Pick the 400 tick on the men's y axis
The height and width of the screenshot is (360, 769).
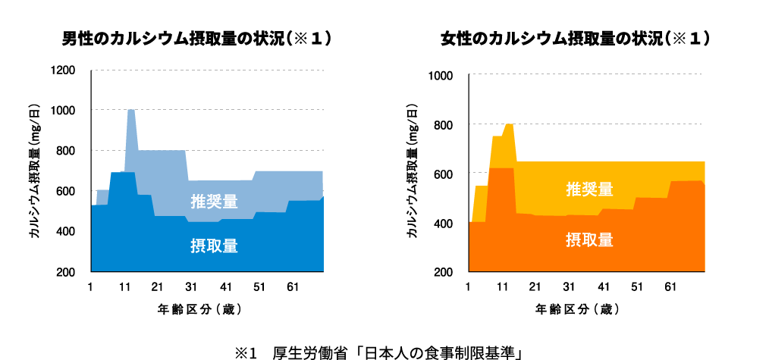(x=65, y=231)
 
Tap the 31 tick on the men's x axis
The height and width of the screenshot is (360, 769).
(x=191, y=287)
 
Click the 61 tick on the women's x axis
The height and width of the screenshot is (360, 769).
(x=670, y=288)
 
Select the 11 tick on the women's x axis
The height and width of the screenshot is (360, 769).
(x=502, y=288)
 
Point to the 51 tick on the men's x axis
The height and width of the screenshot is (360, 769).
(x=259, y=287)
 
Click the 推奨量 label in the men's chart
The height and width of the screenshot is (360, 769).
(x=214, y=202)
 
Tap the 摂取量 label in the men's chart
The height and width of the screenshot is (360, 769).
(x=214, y=246)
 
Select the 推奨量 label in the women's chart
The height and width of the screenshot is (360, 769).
(x=589, y=189)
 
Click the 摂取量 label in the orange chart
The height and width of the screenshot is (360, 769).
(x=589, y=240)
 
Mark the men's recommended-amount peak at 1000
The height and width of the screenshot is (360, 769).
(x=131, y=111)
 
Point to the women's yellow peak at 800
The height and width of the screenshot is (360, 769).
(x=509, y=124)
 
